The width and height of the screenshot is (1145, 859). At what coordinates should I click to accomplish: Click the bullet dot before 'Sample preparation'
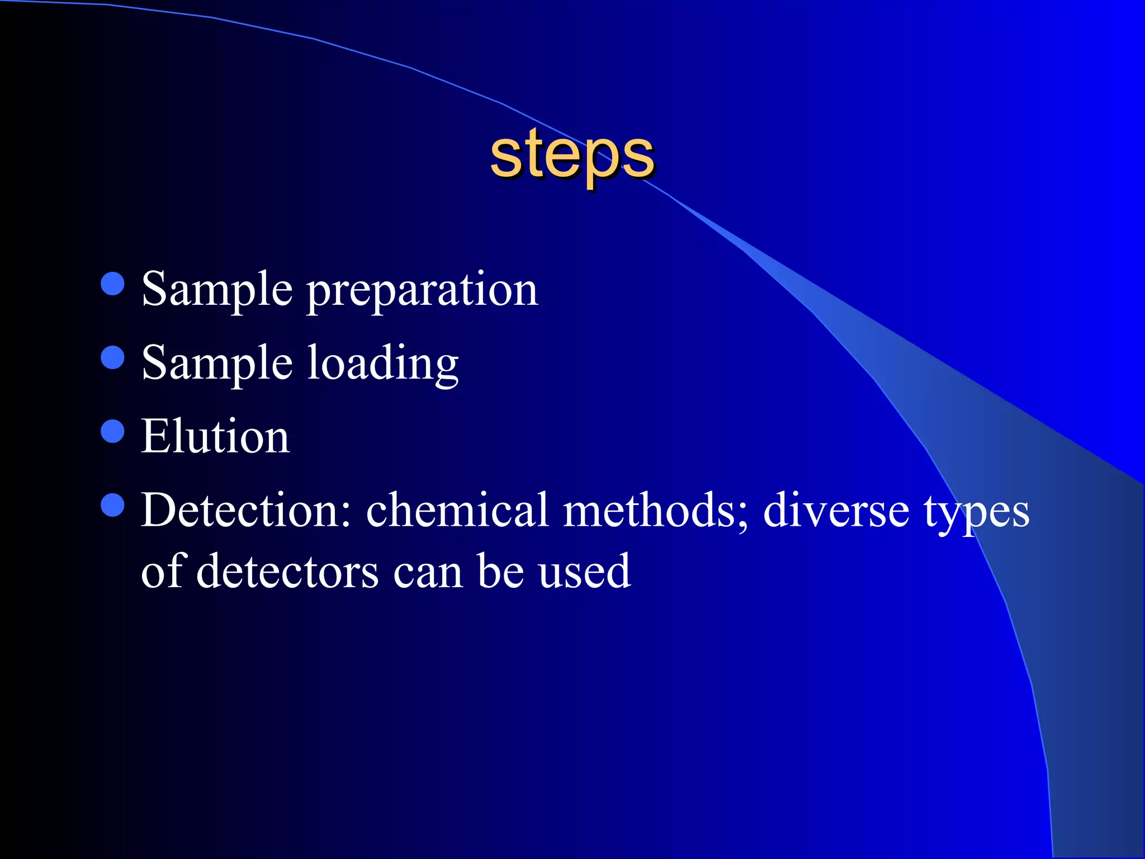pyautogui.click(x=113, y=284)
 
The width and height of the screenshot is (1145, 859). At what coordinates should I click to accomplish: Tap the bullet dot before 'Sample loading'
pyautogui.click(x=113, y=357)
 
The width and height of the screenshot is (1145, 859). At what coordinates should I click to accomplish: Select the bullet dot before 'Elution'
pyautogui.click(x=113, y=431)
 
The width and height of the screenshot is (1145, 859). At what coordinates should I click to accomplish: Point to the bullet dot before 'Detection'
pyautogui.click(x=113, y=505)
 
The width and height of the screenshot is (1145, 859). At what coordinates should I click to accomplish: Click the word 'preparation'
pyautogui.click(x=423, y=291)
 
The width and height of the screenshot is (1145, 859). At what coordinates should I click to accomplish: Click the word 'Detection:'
pyautogui.click(x=246, y=510)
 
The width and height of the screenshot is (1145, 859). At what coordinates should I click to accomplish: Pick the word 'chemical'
pyautogui.click(x=457, y=510)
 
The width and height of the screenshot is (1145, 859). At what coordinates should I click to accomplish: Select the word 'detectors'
pyautogui.click(x=287, y=572)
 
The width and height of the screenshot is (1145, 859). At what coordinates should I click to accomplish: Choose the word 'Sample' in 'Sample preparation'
pyautogui.click(x=217, y=291)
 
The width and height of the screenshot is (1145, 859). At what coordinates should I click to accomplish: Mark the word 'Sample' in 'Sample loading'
pyautogui.click(x=217, y=365)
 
